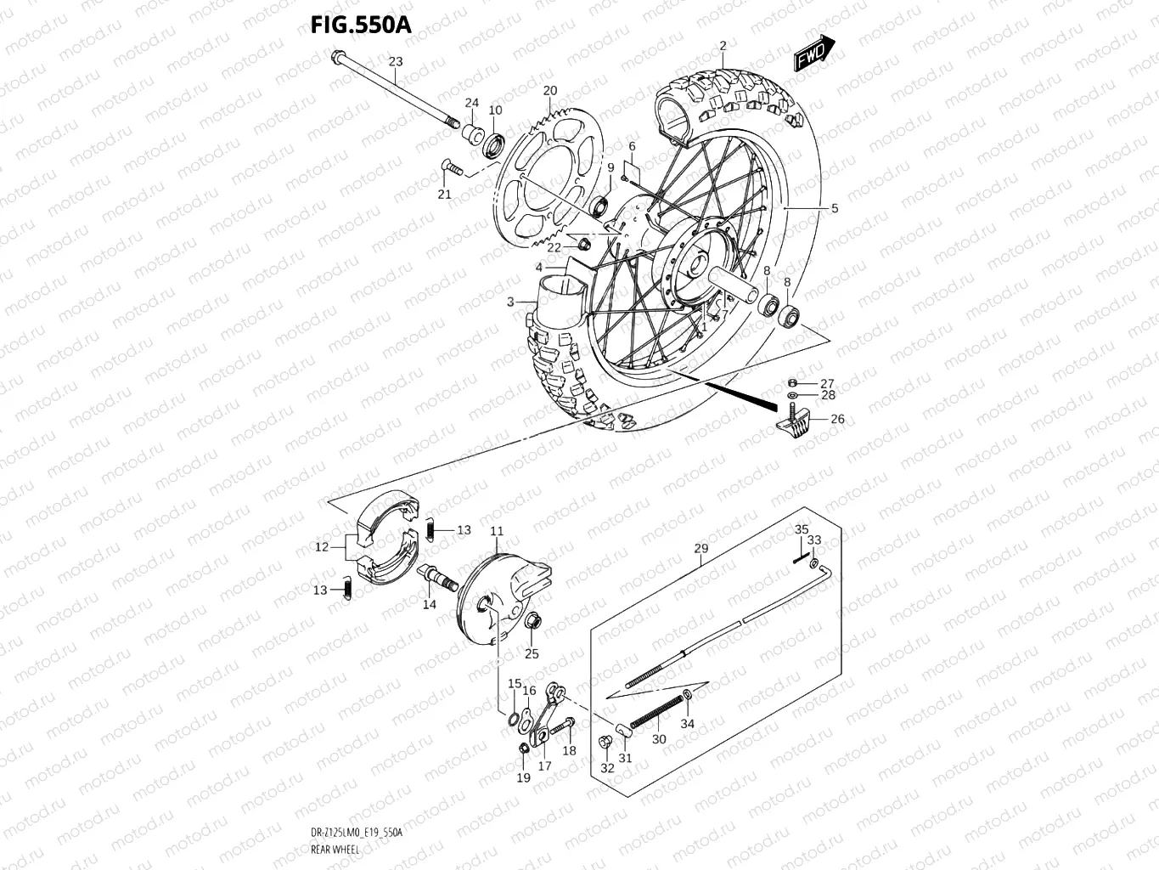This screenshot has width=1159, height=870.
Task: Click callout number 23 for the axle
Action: point(396,61)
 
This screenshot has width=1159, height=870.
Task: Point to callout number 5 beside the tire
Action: point(834,208)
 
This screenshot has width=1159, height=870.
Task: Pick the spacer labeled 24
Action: point(471,133)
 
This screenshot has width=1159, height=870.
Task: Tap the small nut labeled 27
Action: point(792,383)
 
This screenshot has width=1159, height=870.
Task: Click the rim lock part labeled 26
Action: point(795,421)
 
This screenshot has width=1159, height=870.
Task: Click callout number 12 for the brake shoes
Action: point(321,547)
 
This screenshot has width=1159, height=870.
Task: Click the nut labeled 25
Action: point(533,623)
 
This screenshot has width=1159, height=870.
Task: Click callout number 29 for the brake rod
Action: point(700,549)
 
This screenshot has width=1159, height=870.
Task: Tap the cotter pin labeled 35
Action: point(800,558)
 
